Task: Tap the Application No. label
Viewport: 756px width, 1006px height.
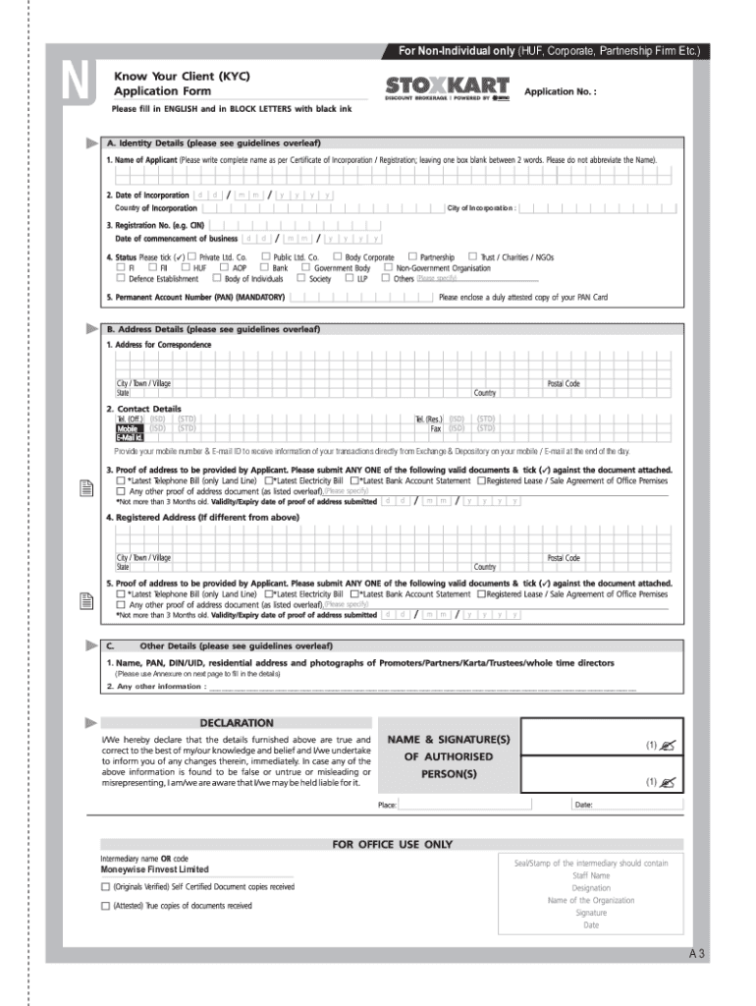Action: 561,91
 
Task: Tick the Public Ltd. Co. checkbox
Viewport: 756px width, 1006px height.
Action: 266,256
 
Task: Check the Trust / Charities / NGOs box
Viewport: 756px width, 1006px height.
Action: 473,256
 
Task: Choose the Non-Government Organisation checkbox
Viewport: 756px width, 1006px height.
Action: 388,267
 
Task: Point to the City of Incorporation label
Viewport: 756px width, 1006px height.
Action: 481,208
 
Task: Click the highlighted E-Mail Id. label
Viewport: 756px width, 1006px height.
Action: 130,437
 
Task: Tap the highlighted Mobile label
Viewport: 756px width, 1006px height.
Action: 129,428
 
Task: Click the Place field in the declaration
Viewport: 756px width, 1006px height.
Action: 481,805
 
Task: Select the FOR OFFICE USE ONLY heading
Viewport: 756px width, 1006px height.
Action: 392,844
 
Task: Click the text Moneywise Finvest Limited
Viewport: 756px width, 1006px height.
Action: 154,869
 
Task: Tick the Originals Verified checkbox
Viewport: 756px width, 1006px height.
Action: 106,887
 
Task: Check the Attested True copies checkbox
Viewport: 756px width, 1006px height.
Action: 106,906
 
